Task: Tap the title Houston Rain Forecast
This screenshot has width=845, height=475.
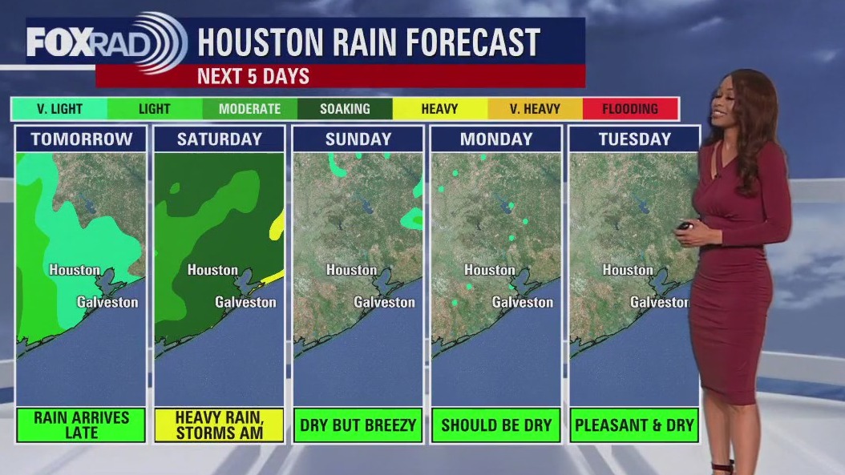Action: (368, 42)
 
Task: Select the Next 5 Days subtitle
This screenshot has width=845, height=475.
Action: (253, 77)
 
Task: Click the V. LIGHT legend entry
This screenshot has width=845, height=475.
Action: (59, 109)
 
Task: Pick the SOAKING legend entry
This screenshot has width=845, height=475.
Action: (345, 109)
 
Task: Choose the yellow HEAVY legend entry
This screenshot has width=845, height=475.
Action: (439, 109)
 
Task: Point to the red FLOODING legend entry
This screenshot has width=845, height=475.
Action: (630, 109)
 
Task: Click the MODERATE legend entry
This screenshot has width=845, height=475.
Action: (249, 109)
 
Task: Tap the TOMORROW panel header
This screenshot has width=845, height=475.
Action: (81, 139)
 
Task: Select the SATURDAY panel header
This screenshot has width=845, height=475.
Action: (220, 139)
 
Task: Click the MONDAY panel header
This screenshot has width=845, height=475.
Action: (496, 139)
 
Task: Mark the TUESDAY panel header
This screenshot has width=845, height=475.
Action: (634, 139)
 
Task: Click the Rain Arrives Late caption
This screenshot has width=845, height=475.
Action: (81, 425)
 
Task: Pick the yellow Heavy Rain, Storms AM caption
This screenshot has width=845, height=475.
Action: (220, 425)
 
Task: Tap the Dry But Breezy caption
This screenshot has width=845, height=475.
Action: (358, 425)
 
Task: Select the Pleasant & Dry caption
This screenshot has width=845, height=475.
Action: (634, 425)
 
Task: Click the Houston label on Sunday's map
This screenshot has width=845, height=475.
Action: (351, 270)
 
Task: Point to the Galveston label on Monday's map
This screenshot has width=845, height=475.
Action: (523, 302)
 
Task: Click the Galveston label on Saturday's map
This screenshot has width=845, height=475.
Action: (245, 302)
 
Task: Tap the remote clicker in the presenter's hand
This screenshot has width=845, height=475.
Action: (685, 226)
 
